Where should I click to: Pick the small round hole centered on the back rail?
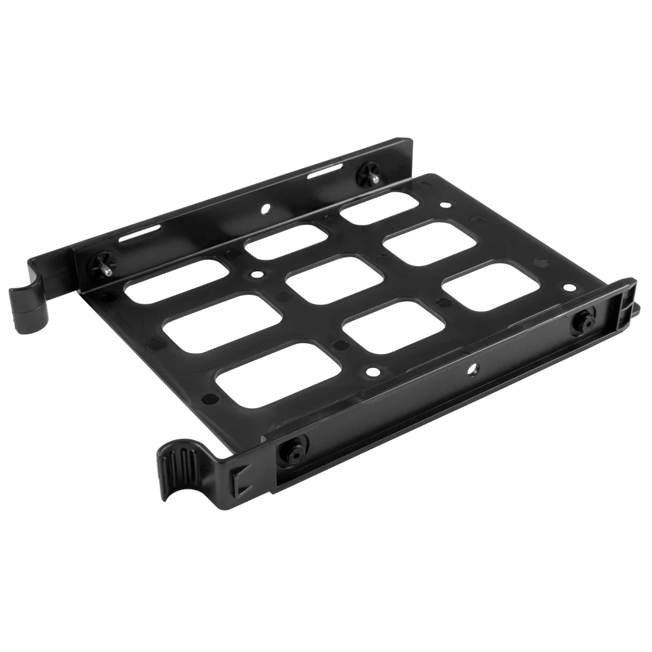tap(262, 208)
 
